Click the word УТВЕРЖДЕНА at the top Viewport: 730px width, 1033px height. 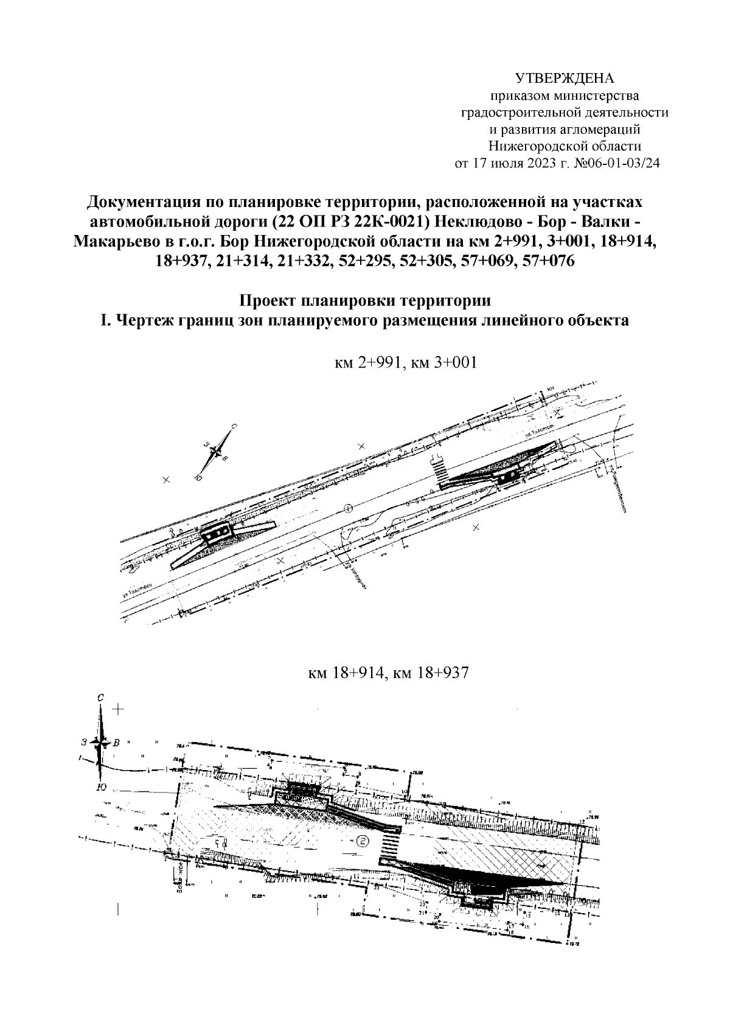point(565,79)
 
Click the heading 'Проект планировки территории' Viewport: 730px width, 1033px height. point(364,301)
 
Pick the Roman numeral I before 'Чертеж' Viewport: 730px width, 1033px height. point(104,320)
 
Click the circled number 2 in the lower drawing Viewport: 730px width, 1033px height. point(363,841)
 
